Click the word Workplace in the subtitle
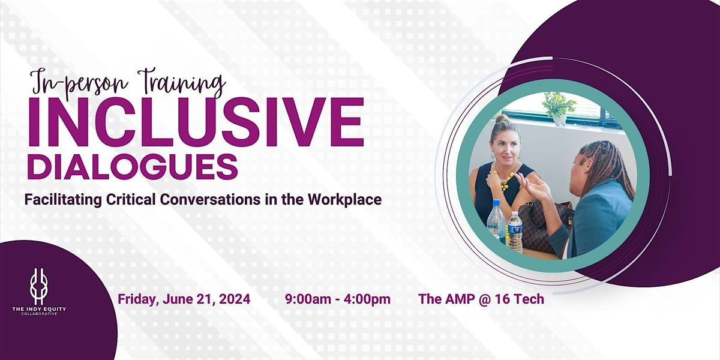coord(346,200)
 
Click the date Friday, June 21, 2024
coord(184,298)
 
